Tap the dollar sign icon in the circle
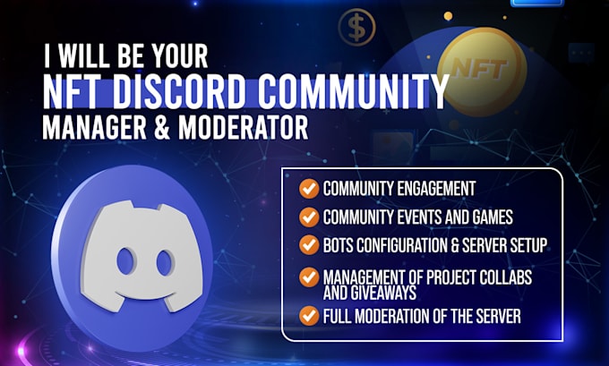pos(356,27)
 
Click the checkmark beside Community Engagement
pos(307,189)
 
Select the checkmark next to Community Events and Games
pos(307,217)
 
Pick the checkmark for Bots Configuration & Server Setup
pos(307,243)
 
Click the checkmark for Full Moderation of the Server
pos(307,315)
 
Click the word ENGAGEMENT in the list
pos(436,189)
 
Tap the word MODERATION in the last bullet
pos(400,315)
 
